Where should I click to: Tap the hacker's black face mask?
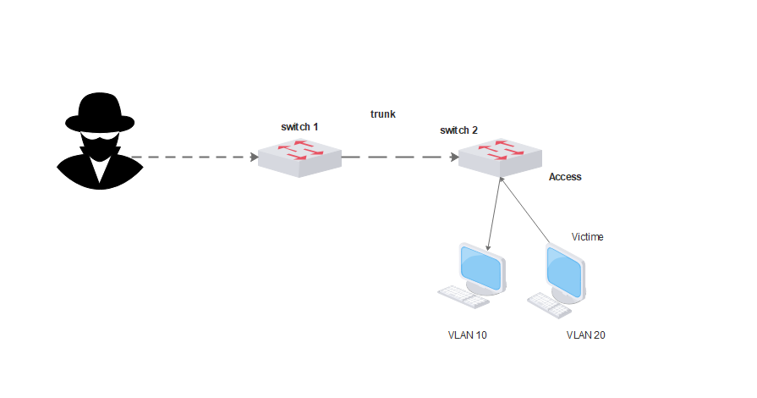coord(100,146)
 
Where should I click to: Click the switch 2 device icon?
coord(500,155)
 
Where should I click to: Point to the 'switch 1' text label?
coord(299,126)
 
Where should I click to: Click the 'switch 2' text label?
coord(458,130)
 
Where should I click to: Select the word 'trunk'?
coord(383,113)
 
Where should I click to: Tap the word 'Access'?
coord(565,177)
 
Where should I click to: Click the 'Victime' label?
coord(587,237)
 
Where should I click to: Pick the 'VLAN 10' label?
coord(467,335)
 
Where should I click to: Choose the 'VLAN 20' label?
coord(585,335)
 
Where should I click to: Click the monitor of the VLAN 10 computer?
coord(482,268)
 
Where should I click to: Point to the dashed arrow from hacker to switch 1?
coord(195,158)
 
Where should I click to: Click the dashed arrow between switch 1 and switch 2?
coord(398,158)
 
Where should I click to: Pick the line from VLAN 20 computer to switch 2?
coord(524,212)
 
